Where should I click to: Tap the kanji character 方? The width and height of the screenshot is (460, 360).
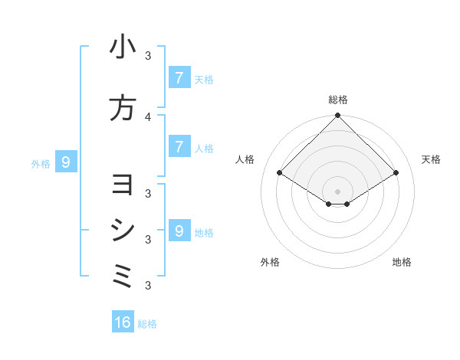[x=123, y=108]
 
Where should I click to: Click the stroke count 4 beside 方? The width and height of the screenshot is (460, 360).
[x=148, y=116]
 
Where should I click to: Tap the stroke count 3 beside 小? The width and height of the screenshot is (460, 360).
[x=148, y=56]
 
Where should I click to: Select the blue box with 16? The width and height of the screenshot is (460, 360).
[x=123, y=322]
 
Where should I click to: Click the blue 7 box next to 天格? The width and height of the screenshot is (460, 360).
[x=179, y=78]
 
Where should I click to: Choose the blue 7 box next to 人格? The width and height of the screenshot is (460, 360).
[x=179, y=147]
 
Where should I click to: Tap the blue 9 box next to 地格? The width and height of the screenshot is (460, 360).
[x=179, y=231]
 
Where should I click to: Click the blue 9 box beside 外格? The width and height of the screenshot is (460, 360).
[x=66, y=162]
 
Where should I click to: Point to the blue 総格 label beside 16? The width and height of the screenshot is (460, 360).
[x=147, y=324]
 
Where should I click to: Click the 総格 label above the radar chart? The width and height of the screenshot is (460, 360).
[x=338, y=100]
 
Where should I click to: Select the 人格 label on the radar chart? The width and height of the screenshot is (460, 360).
[x=245, y=159]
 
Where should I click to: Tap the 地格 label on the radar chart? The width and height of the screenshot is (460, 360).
[x=402, y=262]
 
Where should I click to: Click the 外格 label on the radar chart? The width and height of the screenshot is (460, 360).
[x=270, y=262]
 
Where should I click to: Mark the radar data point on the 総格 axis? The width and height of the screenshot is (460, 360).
[x=337, y=116]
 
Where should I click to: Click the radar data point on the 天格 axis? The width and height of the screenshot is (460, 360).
[x=396, y=173]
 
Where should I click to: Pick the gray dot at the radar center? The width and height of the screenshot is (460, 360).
[x=337, y=191]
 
